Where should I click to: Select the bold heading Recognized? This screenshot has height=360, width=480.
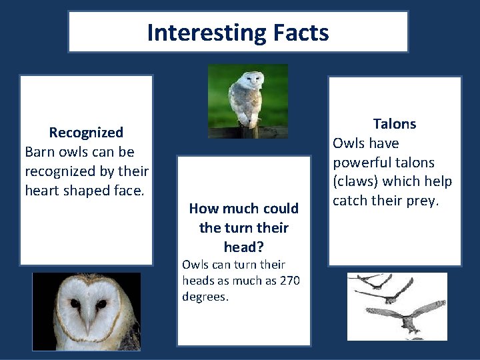pos(86,133)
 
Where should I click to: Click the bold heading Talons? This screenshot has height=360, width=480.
pos(394,124)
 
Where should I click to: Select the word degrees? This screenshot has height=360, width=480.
pos(205,297)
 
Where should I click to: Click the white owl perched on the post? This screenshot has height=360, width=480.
pos(245,97)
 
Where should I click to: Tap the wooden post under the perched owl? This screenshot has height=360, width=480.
pos(249,131)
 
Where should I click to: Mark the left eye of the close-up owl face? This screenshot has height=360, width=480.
pos(75,304)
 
